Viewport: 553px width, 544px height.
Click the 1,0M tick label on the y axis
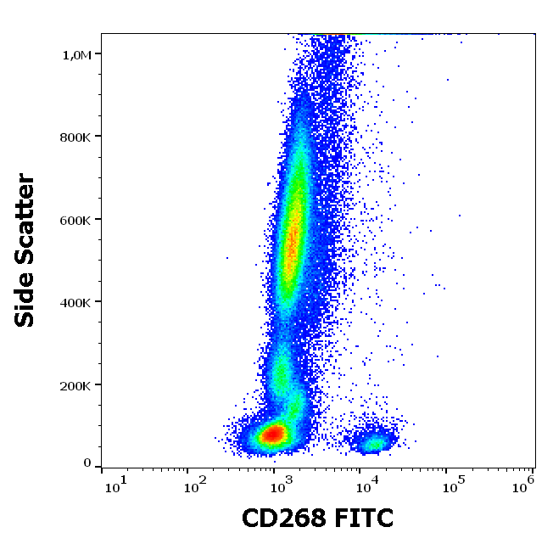[x=75, y=54]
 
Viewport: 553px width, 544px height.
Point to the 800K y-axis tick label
[x=75, y=137]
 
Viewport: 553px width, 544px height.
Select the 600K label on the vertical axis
[x=75, y=220]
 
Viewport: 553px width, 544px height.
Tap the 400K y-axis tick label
[x=75, y=302]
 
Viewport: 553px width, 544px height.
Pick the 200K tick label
[x=75, y=385]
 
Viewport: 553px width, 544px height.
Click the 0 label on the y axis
[x=87, y=463]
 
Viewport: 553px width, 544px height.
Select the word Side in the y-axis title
[x=26, y=296]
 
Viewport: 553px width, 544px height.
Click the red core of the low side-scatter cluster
[x=272, y=435]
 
